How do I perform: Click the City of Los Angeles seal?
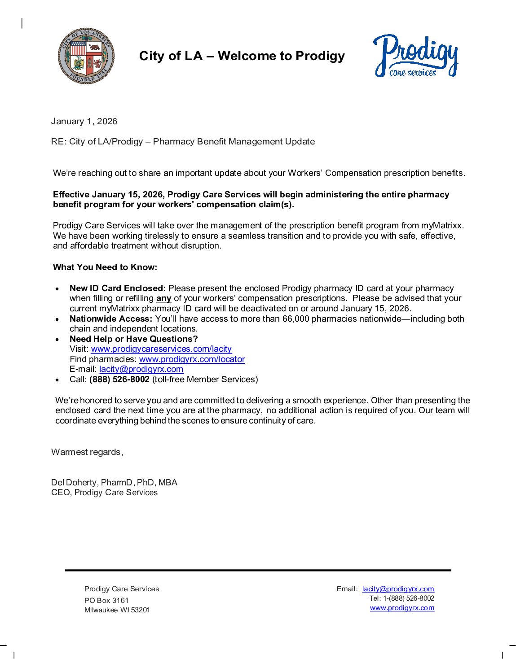pyautogui.click(x=86, y=56)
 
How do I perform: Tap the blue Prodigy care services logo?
pyautogui.click(x=415, y=56)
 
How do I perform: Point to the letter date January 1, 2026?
pyautogui.click(x=84, y=121)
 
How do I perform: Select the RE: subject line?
pyautogui.click(x=183, y=142)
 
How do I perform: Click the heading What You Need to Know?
pyautogui.click(x=105, y=267)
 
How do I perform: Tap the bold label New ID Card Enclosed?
pyautogui.click(x=118, y=288)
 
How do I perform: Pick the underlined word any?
pyautogui.click(x=164, y=298)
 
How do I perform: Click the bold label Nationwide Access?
pyautogui.click(x=111, y=319)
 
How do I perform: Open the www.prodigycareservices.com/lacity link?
pyautogui.click(x=161, y=349)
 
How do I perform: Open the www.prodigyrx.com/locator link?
pyautogui.click(x=192, y=359)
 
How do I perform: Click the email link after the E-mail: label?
pyautogui.click(x=141, y=369)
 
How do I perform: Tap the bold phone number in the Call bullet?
pyautogui.click(x=119, y=380)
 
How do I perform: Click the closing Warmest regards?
pyautogui.click(x=87, y=452)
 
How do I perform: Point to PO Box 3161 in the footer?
pyautogui.click(x=106, y=601)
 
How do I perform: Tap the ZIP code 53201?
pyautogui.click(x=141, y=610)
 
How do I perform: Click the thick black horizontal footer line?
pyautogui.click(x=258, y=570)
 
